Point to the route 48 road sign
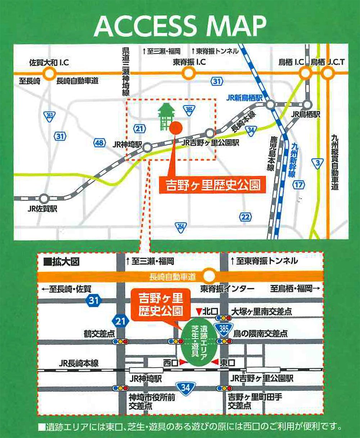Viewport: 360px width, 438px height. coord(99,143)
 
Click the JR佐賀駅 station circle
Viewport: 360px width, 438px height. coord(44,199)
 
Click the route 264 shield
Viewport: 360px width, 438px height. coord(181,227)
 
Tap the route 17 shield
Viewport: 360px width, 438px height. coord(299,185)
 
